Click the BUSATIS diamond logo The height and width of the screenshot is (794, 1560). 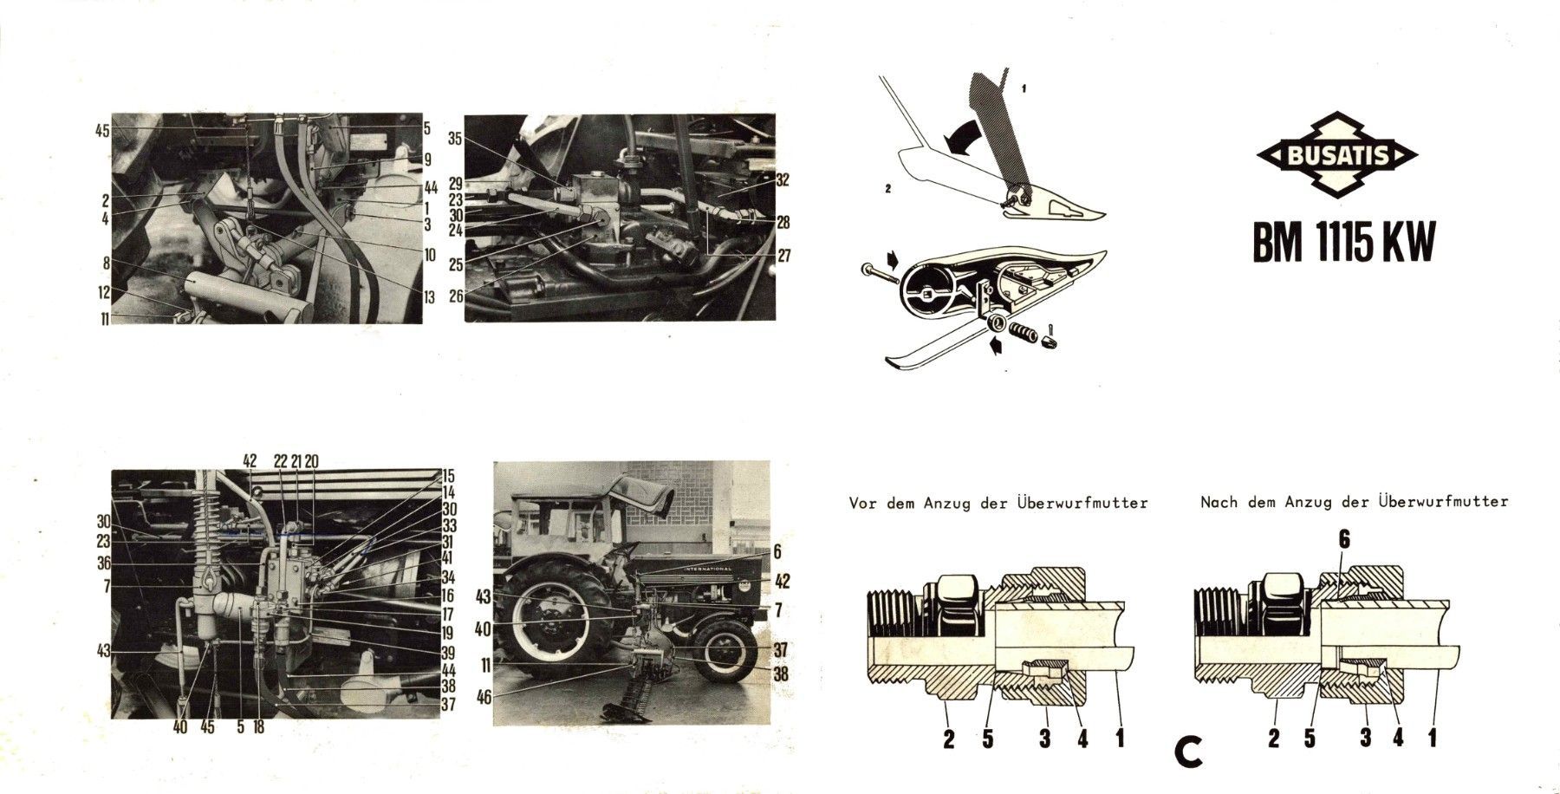pos(1336,156)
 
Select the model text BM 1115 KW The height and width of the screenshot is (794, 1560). pos(1343,243)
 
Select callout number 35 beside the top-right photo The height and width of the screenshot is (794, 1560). pos(457,139)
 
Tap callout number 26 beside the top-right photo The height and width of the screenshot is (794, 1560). pos(457,295)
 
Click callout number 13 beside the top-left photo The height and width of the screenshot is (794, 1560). pos(428,297)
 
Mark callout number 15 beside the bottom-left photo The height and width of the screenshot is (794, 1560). pos(448,476)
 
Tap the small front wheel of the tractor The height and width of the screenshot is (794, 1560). pos(725,653)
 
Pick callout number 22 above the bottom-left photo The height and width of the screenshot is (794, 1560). pos(280,462)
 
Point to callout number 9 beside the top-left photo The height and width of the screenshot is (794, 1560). pos(427,159)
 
